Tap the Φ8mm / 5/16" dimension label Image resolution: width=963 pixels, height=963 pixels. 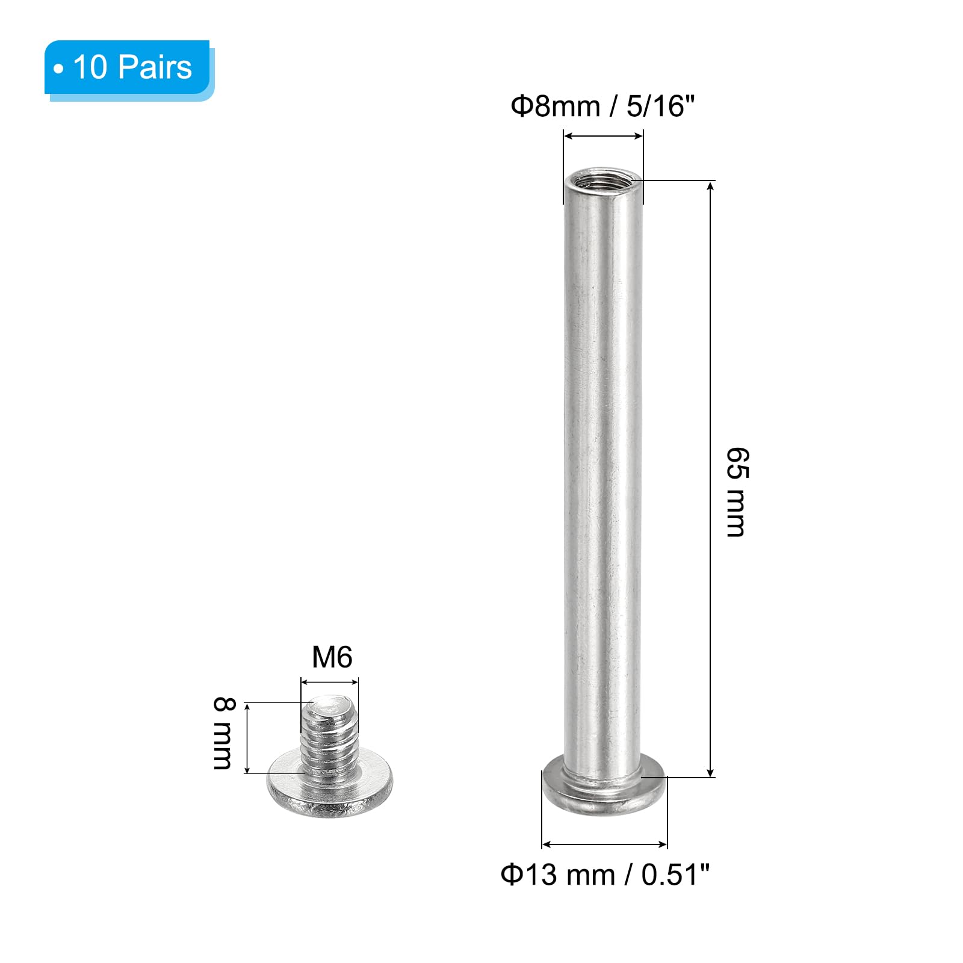click(x=602, y=107)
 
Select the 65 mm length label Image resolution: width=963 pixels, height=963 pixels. click(x=737, y=492)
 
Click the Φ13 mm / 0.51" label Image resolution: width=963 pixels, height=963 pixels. click(x=605, y=874)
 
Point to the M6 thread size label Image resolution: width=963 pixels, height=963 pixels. click(x=332, y=657)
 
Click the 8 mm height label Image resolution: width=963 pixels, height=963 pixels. click(x=223, y=733)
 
